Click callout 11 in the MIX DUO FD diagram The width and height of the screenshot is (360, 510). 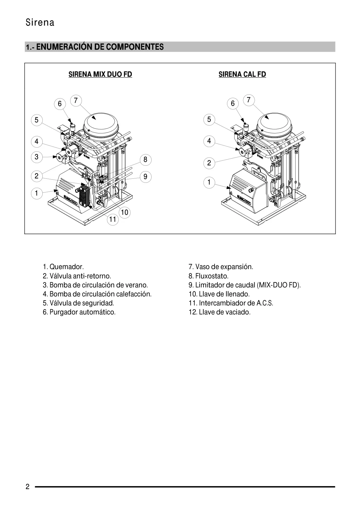[113, 219]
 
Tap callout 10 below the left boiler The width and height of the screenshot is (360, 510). [125, 212]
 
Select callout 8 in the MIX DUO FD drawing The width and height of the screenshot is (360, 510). [145, 160]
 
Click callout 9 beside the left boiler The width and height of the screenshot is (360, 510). [145, 177]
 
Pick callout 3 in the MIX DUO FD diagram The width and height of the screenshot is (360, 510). [36, 157]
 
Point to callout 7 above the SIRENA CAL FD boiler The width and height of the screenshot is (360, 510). [249, 100]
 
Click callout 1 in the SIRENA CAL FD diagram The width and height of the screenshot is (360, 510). [209, 182]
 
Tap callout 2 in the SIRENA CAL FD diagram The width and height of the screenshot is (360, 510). [209, 163]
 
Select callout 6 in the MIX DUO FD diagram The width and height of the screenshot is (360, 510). [60, 104]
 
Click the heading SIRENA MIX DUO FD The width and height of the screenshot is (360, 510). [100, 74]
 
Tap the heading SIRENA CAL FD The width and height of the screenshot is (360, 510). [242, 74]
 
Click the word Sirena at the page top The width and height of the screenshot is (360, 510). [40, 23]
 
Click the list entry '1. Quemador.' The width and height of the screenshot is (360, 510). [63, 267]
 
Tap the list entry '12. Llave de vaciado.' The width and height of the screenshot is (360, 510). [219, 312]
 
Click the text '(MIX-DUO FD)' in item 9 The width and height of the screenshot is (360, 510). [279, 285]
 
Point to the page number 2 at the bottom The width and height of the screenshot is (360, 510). [28, 487]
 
